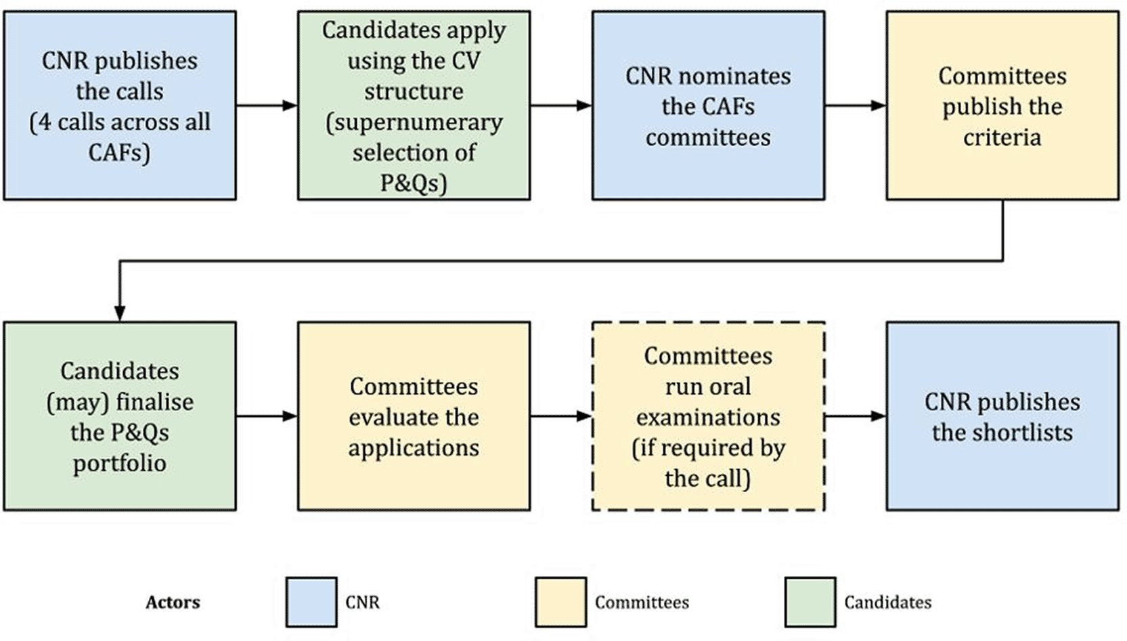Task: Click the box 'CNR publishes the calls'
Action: [x=120, y=106]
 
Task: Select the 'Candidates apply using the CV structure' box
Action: [x=414, y=106]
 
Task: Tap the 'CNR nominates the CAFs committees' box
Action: [x=708, y=106]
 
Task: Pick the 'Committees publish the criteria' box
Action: [x=1002, y=106]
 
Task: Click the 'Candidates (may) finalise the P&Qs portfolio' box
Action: [x=120, y=416]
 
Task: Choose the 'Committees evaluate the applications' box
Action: [x=414, y=416]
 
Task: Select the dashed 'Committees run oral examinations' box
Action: [x=708, y=416]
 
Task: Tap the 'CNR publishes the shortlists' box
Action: [x=1002, y=416]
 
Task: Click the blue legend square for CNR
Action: [x=311, y=602]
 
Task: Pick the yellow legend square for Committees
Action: [x=560, y=602]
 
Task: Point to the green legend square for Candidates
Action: [x=810, y=602]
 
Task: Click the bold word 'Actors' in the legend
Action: [x=173, y=602]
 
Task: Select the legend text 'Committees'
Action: [x=642, y=602]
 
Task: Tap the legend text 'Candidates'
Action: [x=888, y=602]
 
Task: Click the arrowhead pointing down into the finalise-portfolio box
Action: [x=120, y=313]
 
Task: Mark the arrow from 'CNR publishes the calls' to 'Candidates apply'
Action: [x=267, y=106]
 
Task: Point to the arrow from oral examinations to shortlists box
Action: [x=856, y=416]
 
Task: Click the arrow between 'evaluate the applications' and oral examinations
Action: [x=561, y=416]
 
